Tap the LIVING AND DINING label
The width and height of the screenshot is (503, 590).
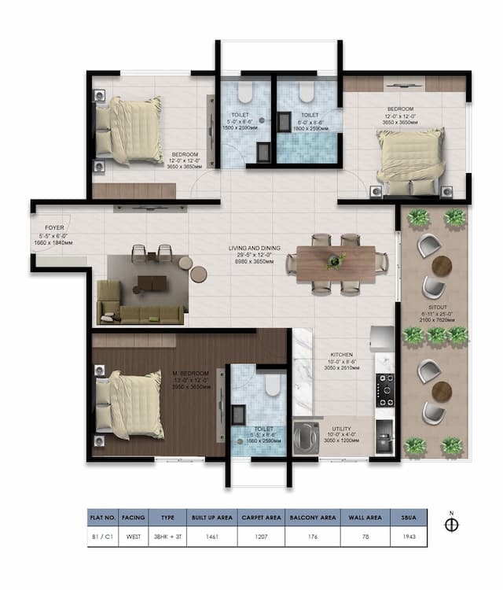(250, 249)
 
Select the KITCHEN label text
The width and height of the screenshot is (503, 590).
(341, 355)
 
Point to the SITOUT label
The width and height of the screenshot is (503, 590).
(439, 308)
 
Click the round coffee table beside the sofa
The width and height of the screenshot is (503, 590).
(198, 274)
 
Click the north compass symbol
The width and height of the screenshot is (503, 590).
(451, 525)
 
